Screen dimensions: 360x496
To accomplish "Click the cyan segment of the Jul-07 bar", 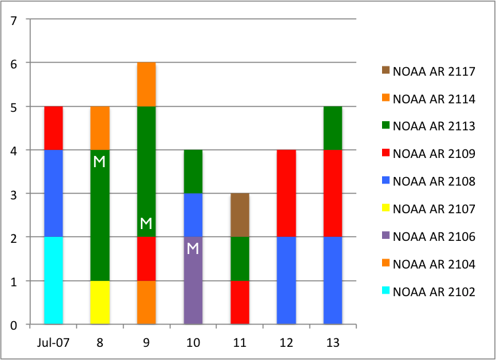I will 53,280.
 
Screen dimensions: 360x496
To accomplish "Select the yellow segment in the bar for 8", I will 99,302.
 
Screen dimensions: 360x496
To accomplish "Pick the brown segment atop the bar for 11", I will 240,215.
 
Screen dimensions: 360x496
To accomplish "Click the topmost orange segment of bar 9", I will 146,84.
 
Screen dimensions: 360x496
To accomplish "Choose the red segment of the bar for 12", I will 287,193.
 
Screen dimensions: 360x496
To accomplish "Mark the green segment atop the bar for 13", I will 333,128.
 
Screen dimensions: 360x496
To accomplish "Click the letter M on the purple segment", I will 192,248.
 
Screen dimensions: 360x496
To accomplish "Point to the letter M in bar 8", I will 99,161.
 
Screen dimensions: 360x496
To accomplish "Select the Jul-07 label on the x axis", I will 53,342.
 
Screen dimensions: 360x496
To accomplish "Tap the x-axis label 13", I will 333,342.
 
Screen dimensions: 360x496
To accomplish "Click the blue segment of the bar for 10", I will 193,215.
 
